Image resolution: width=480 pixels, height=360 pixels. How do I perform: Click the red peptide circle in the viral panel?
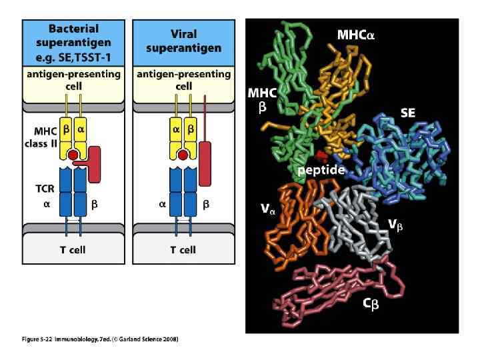pyautogui.click(x=183, y=155)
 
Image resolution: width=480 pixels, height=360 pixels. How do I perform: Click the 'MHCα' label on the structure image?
pyautogui.click(x=355, y=33)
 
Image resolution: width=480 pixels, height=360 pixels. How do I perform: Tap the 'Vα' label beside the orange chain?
pyautogui.click(x=268, y=209)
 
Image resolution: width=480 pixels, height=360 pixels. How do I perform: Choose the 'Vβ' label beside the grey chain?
pyautogui.click(x=395, y=225)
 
